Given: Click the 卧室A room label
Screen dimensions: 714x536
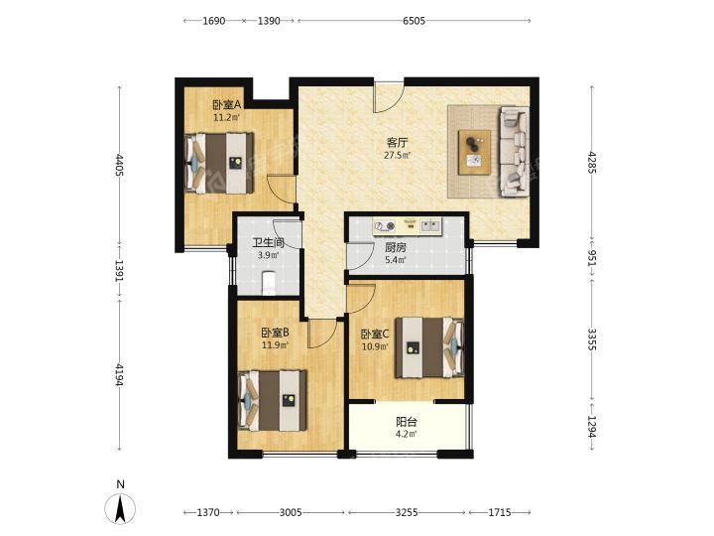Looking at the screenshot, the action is (227, 105).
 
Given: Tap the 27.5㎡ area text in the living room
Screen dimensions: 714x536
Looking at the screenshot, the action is (397, 156).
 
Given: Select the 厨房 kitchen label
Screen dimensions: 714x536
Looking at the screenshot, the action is (396, 248).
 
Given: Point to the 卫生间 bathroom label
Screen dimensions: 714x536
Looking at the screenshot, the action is (269, 243).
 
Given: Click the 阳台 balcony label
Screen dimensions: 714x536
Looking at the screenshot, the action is (406, 422).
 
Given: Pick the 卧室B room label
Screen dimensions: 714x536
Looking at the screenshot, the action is (275, 333).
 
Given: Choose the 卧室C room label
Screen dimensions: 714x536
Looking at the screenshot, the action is (375, 335).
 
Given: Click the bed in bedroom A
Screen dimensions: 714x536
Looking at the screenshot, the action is (219, 163).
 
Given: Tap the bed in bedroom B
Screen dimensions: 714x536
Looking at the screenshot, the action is (273, 401).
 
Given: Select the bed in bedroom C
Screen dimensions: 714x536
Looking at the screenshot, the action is (429, 347).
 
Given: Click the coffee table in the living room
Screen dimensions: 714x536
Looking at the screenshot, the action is (474, 152).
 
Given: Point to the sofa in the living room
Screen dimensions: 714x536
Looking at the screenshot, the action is (515, 152).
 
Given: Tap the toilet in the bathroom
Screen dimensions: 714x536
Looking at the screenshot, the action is (269, 283).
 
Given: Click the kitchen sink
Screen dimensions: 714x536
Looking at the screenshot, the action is (430, 224).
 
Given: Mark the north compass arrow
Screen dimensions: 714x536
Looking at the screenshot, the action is (120, 508).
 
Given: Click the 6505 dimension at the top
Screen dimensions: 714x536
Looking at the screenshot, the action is (414, 21).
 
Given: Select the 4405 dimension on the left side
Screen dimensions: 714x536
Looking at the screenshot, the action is (120, 165).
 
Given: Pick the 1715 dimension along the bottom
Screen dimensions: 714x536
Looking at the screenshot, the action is (500, 513).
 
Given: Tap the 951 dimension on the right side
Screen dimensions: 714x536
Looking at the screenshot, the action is (592, 258).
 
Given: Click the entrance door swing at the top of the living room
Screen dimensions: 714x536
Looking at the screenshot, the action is (389, 97).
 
